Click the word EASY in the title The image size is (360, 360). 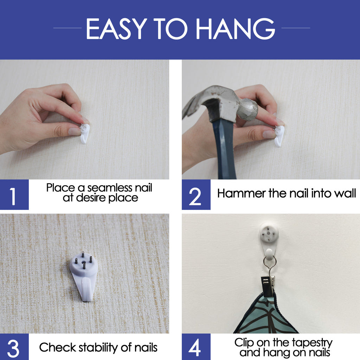[x=117, y=28]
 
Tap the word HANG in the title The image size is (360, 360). [x=235, y=28]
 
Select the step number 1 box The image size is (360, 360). [x=14, y=194]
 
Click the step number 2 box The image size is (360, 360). [x=196, y=194]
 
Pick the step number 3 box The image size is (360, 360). [x=14, y=347]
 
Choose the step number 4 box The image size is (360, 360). [x=196, y=347]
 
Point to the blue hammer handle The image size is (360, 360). [x=224, y=149]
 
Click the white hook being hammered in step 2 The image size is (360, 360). [x=279, y=136]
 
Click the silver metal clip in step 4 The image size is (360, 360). [x=268, y=286]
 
